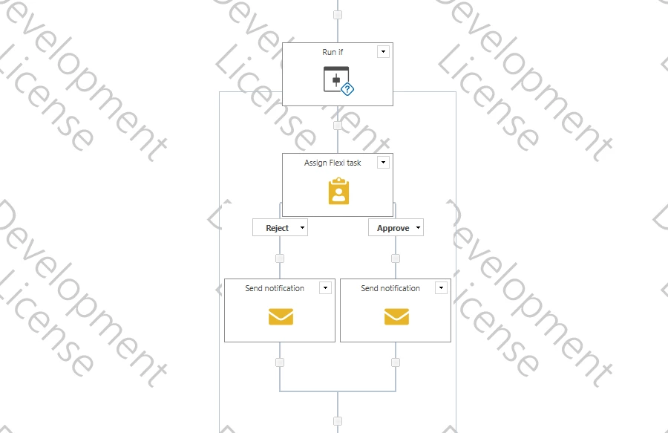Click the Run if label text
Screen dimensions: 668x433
pos(333,52)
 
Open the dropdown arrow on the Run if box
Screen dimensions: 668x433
pos(383,51)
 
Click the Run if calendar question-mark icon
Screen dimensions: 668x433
pos(338,80)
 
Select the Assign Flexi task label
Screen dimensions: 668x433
pos(333,163)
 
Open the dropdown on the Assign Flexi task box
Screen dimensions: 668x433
pos(383,163)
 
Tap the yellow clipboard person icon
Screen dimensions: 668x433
pos(338,192)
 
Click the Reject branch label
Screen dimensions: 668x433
pos(277,228)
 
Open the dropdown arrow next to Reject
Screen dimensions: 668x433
pos(302,227)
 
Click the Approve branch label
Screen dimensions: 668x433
pos(393,228)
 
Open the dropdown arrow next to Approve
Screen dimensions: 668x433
pos(418,227)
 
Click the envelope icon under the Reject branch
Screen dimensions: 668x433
pos(281,316)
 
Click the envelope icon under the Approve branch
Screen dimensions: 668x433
pos(396,316)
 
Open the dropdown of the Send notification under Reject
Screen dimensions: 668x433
pos(325,287)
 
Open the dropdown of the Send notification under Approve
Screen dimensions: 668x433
pos(441,287)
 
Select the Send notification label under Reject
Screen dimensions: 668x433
pos(275,288)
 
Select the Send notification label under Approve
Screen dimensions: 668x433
pos(390,288)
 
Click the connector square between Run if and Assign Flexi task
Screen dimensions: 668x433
pos(338,126)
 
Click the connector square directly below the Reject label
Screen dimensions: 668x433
pos(280,258)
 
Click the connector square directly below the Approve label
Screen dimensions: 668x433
pos(396,258)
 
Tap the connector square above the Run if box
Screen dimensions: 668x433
pos(338,15)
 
